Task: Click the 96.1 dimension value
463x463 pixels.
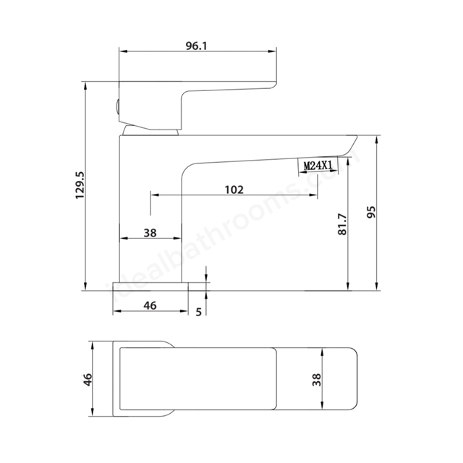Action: tap(196, 46)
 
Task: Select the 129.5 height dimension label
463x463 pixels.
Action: tap(80, 185)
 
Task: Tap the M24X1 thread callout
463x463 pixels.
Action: tap(318, 166)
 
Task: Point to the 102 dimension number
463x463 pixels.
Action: tap(234, 190)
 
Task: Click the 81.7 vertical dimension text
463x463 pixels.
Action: tap(342, 224)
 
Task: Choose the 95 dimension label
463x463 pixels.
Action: tap(371, 212)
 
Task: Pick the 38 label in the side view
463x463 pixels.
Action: tap(150, 233)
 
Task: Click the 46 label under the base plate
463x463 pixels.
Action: tap(150, 305)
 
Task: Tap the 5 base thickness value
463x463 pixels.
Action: tap(199, 312)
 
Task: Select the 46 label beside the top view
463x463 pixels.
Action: tap(88, 379)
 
